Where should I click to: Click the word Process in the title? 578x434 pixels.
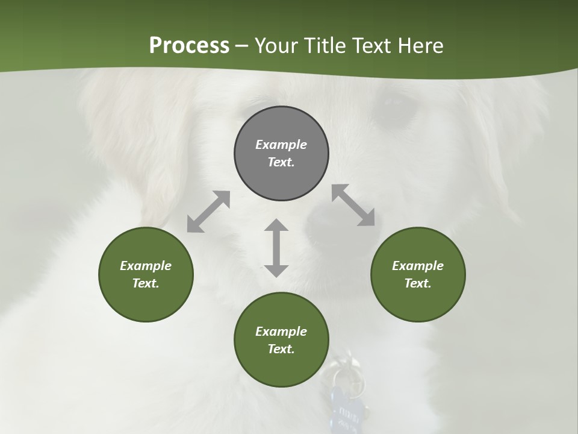coord(189,46)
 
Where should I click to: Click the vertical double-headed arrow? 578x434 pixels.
coord(276,248)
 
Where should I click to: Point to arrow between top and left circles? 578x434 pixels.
coord(208,212)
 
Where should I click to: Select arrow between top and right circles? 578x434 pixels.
coord(353,205)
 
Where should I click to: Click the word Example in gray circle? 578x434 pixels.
coord(281,145)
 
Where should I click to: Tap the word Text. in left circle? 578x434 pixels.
coord(146,283)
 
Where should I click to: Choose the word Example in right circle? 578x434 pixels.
coord(418,266)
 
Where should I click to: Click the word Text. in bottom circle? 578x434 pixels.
coord(281,349)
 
